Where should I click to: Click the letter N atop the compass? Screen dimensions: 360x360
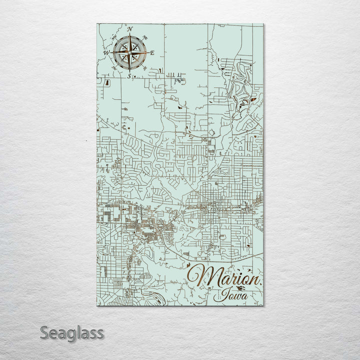129,29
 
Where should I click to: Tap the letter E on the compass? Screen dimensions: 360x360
152,52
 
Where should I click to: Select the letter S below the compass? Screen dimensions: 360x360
129,76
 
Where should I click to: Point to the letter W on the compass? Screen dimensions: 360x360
106,52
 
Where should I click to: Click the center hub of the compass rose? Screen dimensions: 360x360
129,52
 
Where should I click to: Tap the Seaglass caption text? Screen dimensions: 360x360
72,332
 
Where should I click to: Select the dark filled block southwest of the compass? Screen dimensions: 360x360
107,80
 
